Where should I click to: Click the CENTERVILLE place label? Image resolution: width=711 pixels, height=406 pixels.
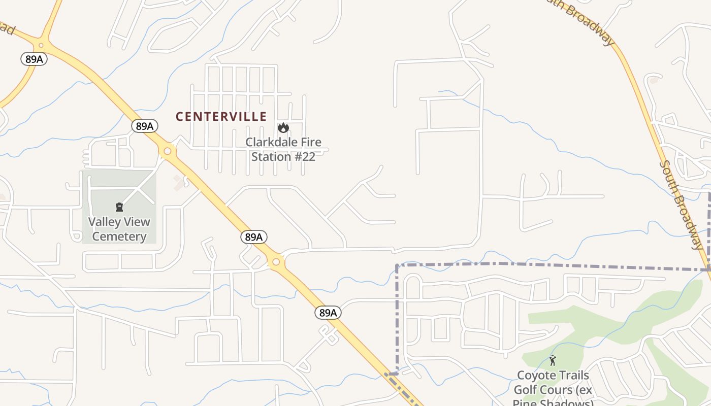[x=221, y=117]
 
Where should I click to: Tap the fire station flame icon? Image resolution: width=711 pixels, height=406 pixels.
[x=283, y=128]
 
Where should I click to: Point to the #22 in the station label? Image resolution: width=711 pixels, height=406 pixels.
[x=305, y=157]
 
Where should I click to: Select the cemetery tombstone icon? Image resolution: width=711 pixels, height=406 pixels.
[x=119, y=207]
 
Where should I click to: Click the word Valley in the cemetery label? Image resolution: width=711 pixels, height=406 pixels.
[x=104, y=222]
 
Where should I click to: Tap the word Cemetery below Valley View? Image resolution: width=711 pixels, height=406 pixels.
[x=119, y=236]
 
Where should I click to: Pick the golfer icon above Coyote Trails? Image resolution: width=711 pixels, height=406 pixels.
[x=553, y=361]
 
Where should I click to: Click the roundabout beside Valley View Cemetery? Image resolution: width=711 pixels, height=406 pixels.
[x=167, y=151]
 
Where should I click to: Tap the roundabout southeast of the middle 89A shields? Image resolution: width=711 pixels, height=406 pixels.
[x=276, y=262]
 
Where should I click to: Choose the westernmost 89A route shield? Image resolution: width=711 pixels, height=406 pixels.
[x=34, y=59]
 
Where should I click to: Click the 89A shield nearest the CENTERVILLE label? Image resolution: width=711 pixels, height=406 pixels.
[x=145, y=126]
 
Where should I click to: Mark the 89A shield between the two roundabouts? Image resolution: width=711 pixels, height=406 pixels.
[x=253, y=237]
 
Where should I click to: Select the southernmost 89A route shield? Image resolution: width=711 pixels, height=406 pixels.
[x=328, y=313]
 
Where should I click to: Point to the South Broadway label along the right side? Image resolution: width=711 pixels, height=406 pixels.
[x=682, y=206]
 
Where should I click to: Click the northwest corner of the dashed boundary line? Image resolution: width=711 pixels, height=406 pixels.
[x=397, y=265]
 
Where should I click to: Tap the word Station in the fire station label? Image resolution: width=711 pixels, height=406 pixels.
[x=271, y=157]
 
